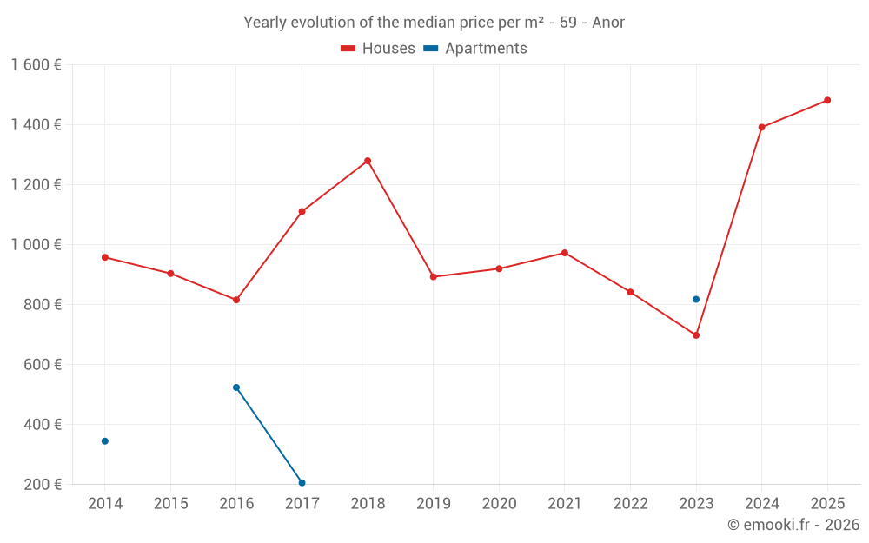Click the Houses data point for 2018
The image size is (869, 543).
pos(368,161)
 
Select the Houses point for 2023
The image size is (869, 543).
pos(696,335)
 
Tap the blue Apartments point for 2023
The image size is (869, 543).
pos(696,300)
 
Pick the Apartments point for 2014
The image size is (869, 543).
pos(105,441)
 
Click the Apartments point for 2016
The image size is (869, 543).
pos(236,387)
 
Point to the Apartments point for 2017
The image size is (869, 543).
pos(302,483)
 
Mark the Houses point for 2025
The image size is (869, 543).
pos(827,100)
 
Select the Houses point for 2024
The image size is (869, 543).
pos(762,128)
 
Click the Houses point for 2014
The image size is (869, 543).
pos(105,257)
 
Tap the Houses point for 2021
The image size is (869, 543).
pos(565,253)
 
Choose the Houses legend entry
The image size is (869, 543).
pos(378,49)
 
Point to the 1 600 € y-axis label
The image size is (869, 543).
pos(36,65)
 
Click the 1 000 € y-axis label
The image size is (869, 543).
pos(36,245)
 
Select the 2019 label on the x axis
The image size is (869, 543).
pos(434,504)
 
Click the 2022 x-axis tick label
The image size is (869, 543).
pos(631,504)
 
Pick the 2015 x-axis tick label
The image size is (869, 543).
pos(170,504)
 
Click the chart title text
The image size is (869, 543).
pos(434,23)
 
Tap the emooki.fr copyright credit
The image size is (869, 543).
pos(793,525)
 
